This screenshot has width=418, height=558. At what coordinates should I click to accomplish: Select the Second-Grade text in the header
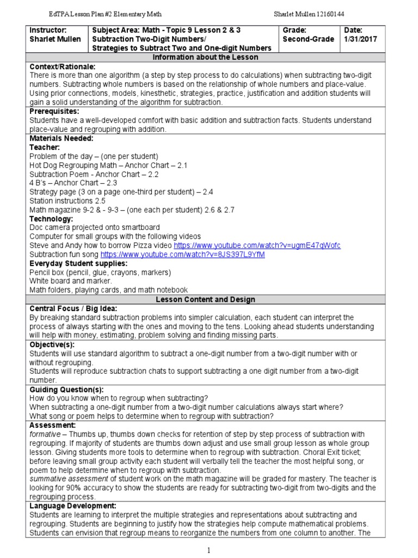pyautogui.click(x=306, y=39)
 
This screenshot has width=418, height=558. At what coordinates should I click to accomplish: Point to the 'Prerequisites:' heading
pyautogui.click(x=55, y=111)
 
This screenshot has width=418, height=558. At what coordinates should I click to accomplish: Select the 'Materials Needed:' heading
pyautogui.click(x=62, y=138)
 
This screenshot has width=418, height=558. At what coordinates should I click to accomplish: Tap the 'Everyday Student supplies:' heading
pyautogui.click(x=79, y=263)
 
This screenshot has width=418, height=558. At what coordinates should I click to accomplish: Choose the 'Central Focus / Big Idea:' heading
pyautogui.click(x=73, y=308)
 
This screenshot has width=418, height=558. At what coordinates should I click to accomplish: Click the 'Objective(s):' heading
pyautogui.click(x=53, y=344)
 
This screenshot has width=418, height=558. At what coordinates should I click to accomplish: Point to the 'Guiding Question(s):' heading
pyautogui.click(x=66, y=389)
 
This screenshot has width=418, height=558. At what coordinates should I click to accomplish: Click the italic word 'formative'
pyautogui.click(x=45, y=434)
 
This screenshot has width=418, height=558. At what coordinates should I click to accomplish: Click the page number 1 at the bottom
pyautogui.click(x=208, y=550)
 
